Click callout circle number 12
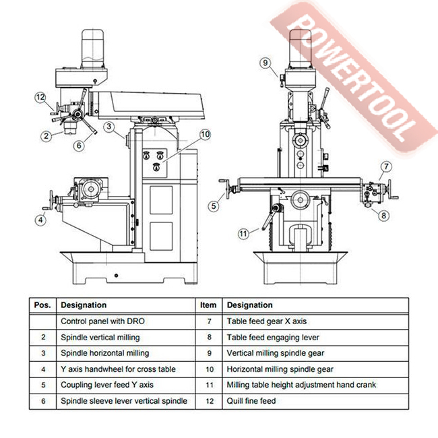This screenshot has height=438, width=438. coord(40,97)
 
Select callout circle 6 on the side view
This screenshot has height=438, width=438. coord(79,144)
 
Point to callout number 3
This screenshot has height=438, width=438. coord(109,125)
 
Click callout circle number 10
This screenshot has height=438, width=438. coord(205,135)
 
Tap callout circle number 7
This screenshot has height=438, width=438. coord(386,166)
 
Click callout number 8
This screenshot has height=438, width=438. coord(383,216)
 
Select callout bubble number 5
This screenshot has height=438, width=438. coord(213,206)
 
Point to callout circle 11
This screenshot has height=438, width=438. coord(243,234)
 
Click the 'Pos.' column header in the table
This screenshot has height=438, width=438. coord(42,305)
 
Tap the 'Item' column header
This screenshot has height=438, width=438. coord(208,305)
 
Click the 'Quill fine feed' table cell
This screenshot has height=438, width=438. coord(251,401)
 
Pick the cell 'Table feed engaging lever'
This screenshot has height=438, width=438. coord(272,338)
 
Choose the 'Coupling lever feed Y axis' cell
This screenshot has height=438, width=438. coord(107,385)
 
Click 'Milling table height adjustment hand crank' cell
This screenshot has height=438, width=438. coord(301,385)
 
